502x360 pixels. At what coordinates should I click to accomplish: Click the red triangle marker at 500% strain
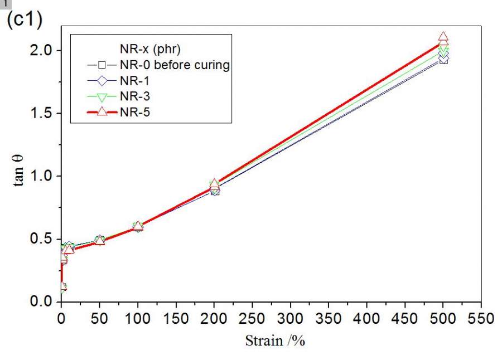443,38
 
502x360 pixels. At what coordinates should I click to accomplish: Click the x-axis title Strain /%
275,341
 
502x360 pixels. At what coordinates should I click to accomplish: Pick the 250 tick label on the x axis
253,319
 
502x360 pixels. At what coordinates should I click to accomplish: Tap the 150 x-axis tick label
176,319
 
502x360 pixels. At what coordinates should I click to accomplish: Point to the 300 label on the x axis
291,319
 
